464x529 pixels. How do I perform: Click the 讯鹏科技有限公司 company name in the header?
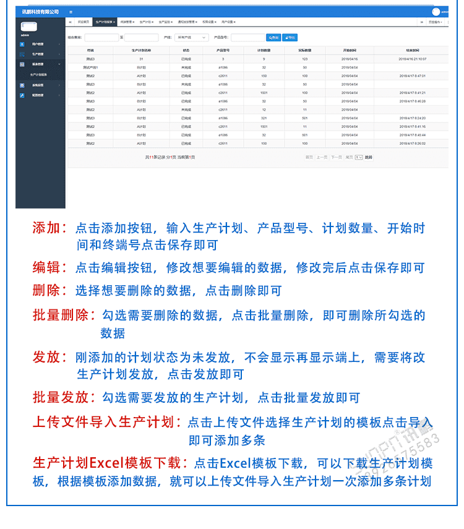40,12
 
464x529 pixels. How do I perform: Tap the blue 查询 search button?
273,38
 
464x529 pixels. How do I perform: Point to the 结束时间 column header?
412,49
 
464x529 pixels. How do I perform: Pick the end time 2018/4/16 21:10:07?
412,59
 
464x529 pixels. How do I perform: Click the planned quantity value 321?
264,118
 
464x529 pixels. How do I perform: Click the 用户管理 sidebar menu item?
38,44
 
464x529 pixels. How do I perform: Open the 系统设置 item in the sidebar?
38,85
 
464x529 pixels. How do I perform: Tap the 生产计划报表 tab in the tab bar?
105,22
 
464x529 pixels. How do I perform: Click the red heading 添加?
49,228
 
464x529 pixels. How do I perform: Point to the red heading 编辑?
49,268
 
